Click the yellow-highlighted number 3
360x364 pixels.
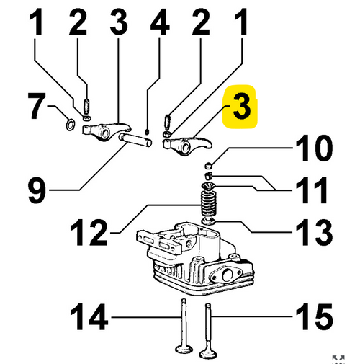(242, 106)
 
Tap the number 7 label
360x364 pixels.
(36, 106)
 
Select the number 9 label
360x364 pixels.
(37, 190)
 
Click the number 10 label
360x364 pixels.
(314, 148)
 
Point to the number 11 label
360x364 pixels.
(312, 190)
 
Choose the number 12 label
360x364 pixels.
(88, 232)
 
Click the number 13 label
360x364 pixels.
(314, 232)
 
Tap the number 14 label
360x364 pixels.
(89, 316)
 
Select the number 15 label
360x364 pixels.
(314, 316)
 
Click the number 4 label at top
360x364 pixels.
(160, 22)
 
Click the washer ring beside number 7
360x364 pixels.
(70, 125)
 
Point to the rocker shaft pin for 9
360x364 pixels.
(135, 140)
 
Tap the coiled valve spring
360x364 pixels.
(209, 204)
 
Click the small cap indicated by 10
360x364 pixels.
(209, 165)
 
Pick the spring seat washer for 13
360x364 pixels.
(209, 221)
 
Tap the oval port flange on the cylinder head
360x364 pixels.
(225, 275)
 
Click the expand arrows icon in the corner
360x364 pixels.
(338, 359)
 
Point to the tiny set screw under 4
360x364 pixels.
(147, 132)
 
